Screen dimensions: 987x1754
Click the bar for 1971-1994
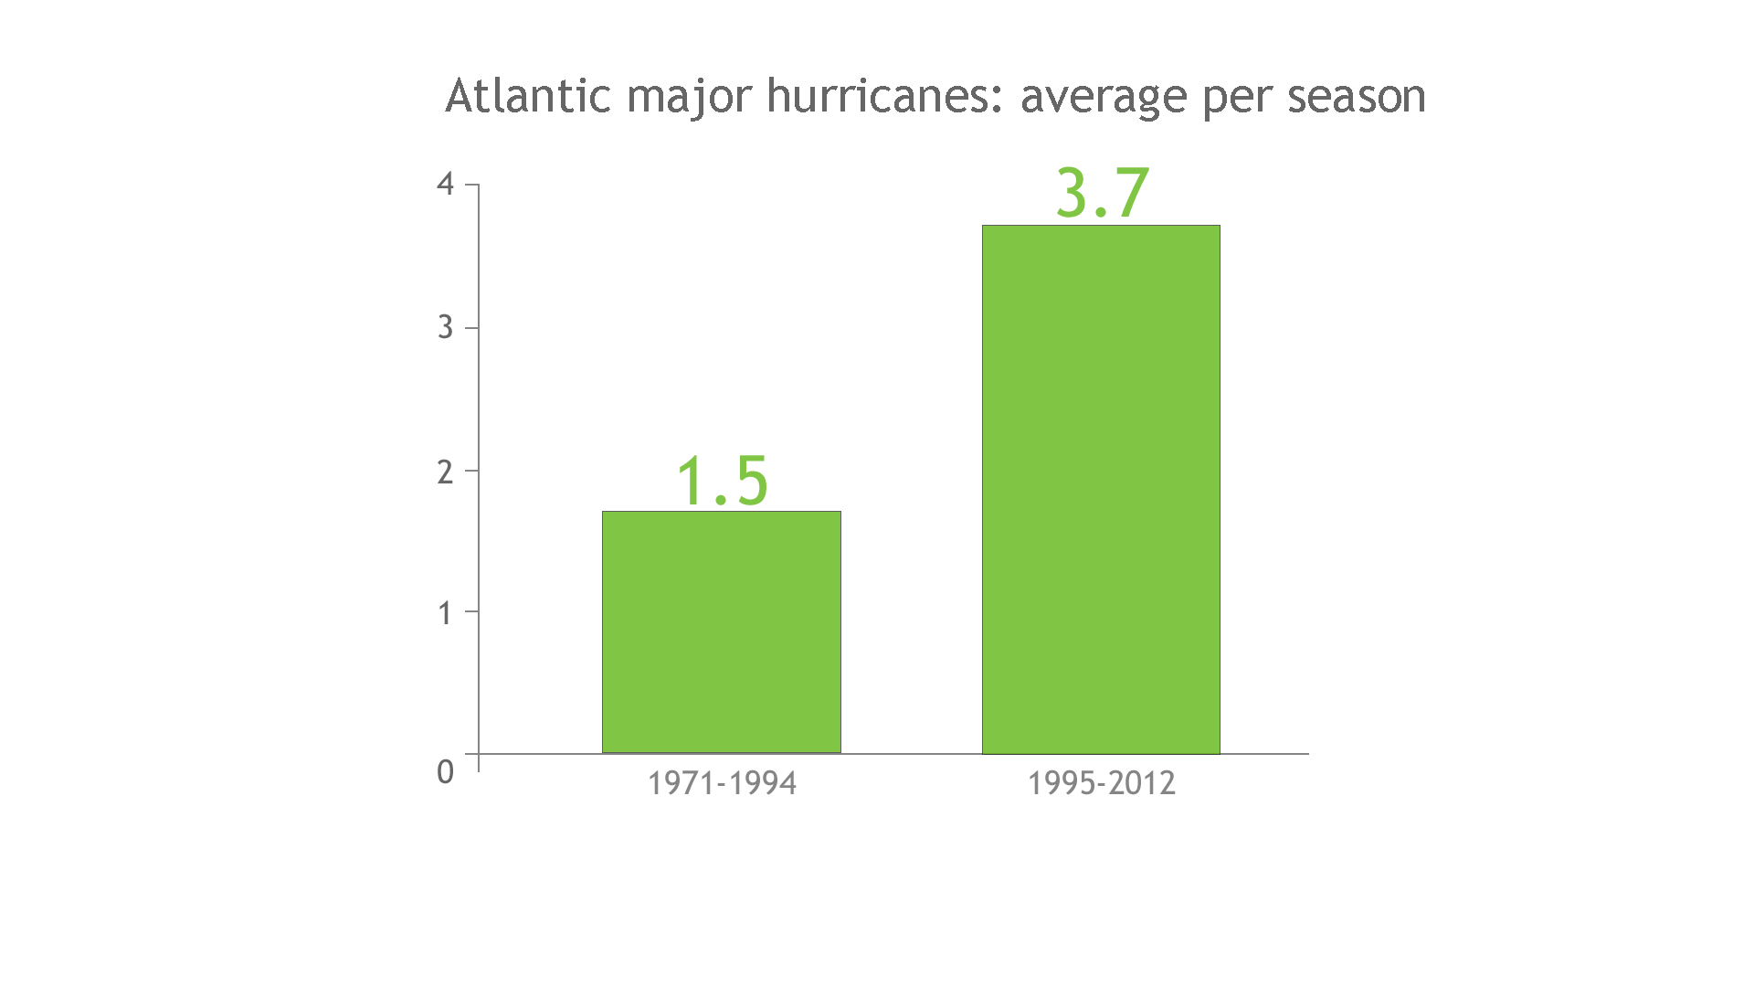[721, 632]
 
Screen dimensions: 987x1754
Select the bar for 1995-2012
[1101, 489]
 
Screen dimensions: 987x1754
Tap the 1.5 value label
[722, 481]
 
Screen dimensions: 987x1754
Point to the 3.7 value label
[1102, 193]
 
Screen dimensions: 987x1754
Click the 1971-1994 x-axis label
[722, 783]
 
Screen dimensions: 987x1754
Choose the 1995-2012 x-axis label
[1101, 783]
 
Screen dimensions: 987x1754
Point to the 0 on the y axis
[445, 772]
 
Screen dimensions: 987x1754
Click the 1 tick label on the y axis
[445, 613]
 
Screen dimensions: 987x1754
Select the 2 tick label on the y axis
[445, 472]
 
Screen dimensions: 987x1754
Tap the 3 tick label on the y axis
[445, 327]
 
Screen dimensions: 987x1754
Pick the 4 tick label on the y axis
[445, 185]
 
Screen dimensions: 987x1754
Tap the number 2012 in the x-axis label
[1143, 783]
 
